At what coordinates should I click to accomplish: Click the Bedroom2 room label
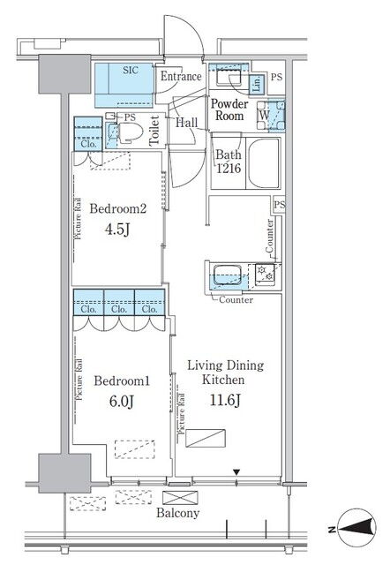point(118,208)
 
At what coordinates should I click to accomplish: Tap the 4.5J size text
point(117,230)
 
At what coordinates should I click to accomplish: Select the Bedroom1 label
point(122,380)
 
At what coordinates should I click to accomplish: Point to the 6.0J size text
point(122,402)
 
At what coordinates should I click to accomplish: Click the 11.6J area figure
point(225,400)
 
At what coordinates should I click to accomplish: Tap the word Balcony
point(178,513)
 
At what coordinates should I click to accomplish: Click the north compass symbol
point(356,529)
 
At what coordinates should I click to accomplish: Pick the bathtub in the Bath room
point(264,164)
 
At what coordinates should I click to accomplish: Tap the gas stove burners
point(265,273)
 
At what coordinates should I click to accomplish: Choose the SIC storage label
point(131,70)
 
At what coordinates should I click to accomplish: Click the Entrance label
point(181,77)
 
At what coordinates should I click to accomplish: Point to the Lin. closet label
point(257,84)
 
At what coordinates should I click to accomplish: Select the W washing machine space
point(264,116)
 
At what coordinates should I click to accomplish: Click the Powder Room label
point(229,109)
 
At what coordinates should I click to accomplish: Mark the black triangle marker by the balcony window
point(236,472)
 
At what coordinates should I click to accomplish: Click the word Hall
point(186,123)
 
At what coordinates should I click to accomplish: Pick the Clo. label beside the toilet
point(88,144)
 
